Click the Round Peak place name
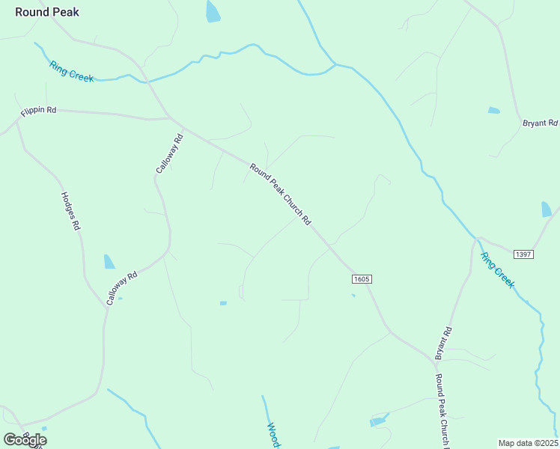[46, 12]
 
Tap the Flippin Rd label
[38, 111]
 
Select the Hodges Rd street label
[70, 211]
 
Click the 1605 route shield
[362, 279]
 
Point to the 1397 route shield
[523, 254]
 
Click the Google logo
[25, 439]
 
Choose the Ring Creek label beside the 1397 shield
[498, 270]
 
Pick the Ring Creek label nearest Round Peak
[72, 71]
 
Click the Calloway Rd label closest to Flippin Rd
[170, 153]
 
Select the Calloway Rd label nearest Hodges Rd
[122, 287]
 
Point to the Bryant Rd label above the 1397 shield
[539, 123]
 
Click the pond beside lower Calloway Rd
[109, 261]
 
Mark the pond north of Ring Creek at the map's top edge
[213, 10]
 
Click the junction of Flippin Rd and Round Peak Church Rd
[170, 117]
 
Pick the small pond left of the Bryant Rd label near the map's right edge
[493, 111]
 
